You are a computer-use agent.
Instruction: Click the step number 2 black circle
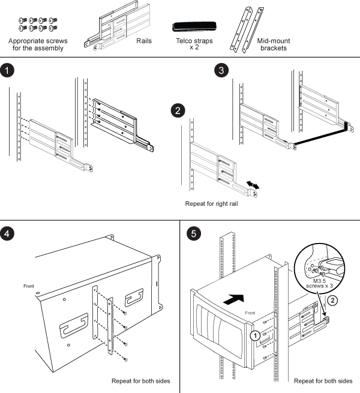pos(178,110)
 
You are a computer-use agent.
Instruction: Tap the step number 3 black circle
pos(222,70)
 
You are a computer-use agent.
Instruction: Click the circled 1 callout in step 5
pos(256,335)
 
